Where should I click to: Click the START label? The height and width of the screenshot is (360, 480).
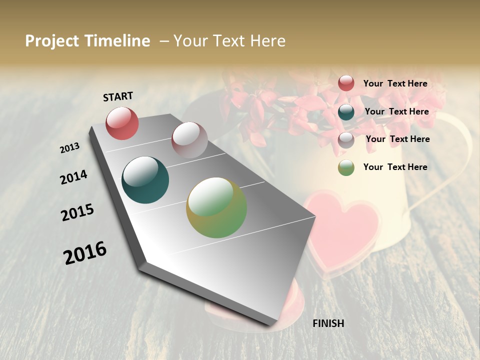click(118, 96)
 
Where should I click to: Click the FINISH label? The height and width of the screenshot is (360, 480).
click(328, 323)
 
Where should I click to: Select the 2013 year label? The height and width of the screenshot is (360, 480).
click(70, 148)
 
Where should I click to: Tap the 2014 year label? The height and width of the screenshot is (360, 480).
click(73, 177)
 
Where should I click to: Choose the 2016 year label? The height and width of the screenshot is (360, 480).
click(85, 252)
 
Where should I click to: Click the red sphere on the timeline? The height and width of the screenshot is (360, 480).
click(122, 123)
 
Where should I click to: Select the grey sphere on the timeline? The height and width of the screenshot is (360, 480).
click(189, 139)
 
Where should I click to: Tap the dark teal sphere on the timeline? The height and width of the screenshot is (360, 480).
click(145, 180)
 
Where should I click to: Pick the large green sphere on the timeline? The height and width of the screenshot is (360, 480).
click(216, 207)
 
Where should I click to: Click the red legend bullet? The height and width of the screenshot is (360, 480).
click(346, 83)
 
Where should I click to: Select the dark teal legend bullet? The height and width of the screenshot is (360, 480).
click(346, 112)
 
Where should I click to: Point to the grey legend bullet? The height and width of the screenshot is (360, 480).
click(346, 140)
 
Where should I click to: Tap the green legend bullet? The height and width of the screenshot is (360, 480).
click(346, 168)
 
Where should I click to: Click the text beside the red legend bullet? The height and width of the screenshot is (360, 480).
click(395, 83)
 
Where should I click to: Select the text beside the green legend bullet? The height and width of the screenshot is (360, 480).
click(395, 167)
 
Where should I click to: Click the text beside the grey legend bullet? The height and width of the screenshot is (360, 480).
click(397, 139)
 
